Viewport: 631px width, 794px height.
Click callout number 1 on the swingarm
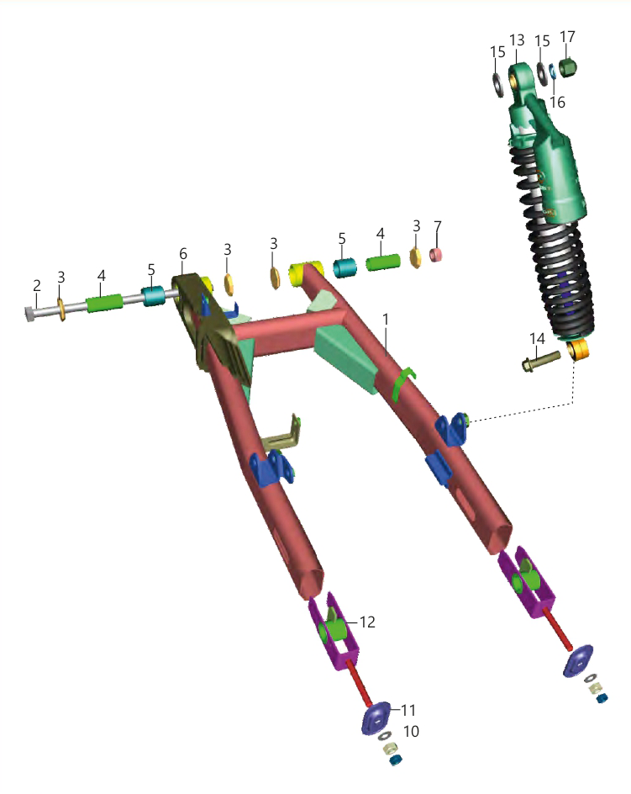coord(386,320)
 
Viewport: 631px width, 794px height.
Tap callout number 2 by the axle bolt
coord(36,286)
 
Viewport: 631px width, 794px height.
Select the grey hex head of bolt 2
coord(29,314)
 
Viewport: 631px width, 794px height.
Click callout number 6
coord(182,254)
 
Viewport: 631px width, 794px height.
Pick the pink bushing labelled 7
coord(436,255)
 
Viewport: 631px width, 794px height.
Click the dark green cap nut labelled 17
coord(569,67)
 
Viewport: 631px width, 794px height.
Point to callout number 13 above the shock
coord(517,40)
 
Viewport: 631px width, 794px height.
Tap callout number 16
coord(557,103)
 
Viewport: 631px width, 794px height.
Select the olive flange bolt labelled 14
coord(541,361)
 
